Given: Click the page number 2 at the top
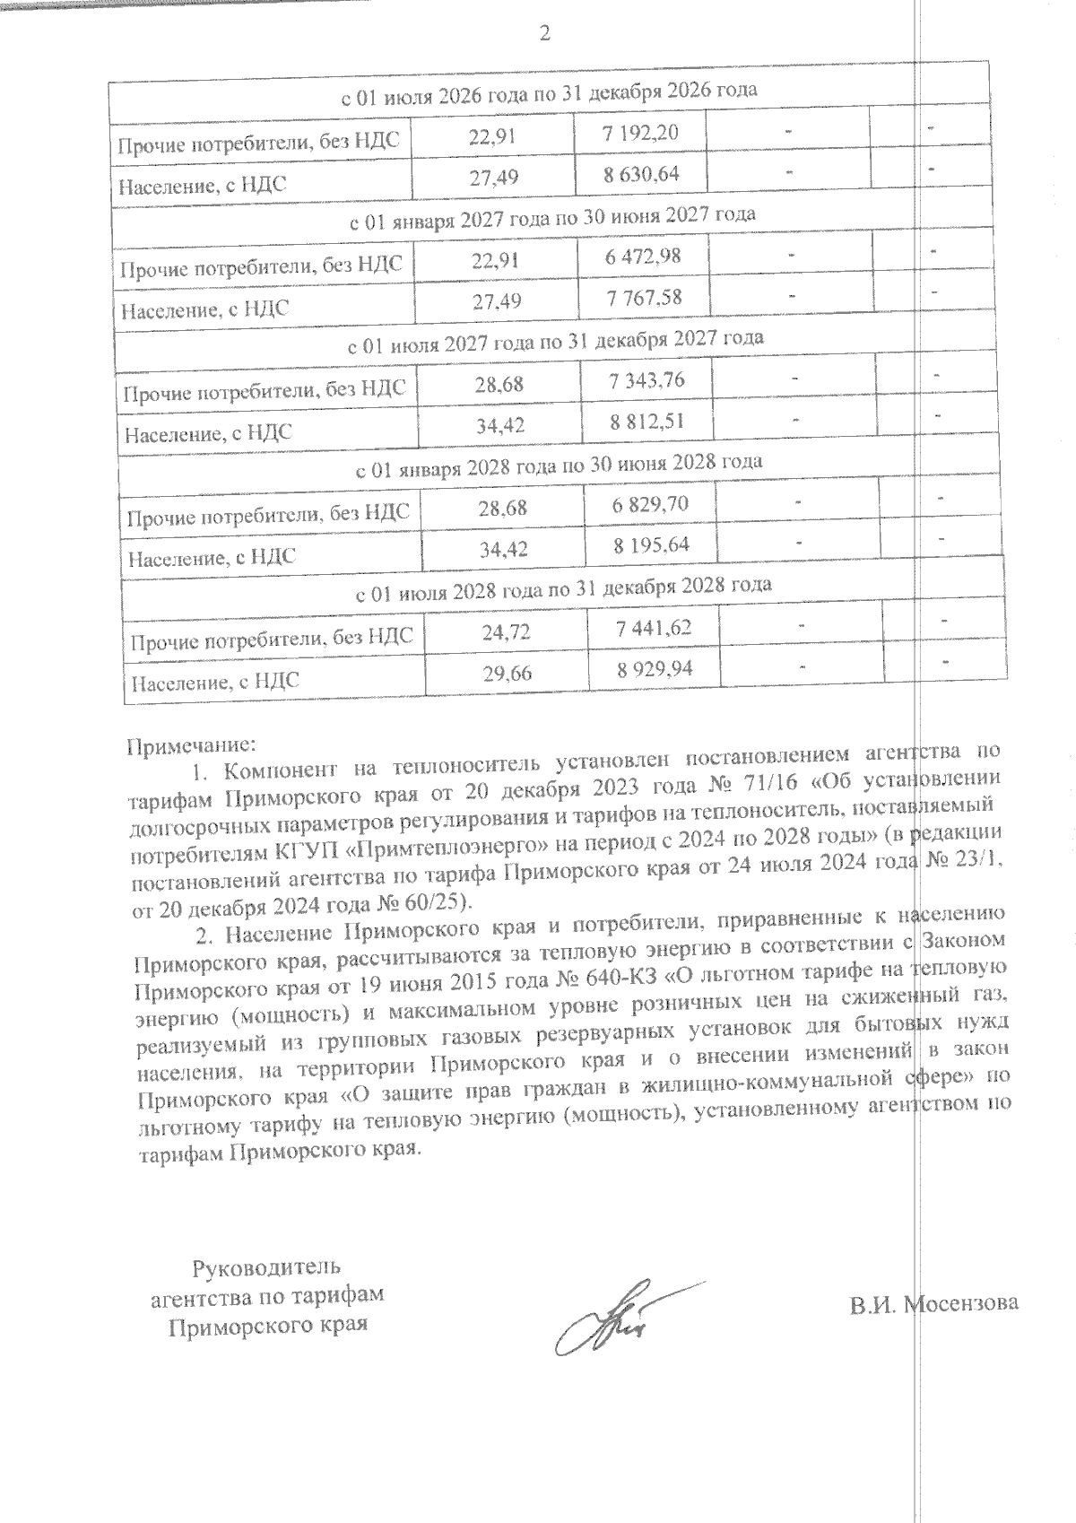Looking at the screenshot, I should [543, 35].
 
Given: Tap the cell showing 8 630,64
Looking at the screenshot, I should [642, 174].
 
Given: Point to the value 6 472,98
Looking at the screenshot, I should [643, 257].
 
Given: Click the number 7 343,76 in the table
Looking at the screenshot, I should [646, 380].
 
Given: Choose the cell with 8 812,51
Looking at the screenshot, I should [647, 422].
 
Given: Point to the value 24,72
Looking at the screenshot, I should [506, 632].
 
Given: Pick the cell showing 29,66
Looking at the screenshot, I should [507, 674].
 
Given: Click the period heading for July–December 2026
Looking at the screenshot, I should [550, 91].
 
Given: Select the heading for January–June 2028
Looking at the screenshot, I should [560, 464].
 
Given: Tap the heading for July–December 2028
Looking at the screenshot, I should [564, 587].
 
